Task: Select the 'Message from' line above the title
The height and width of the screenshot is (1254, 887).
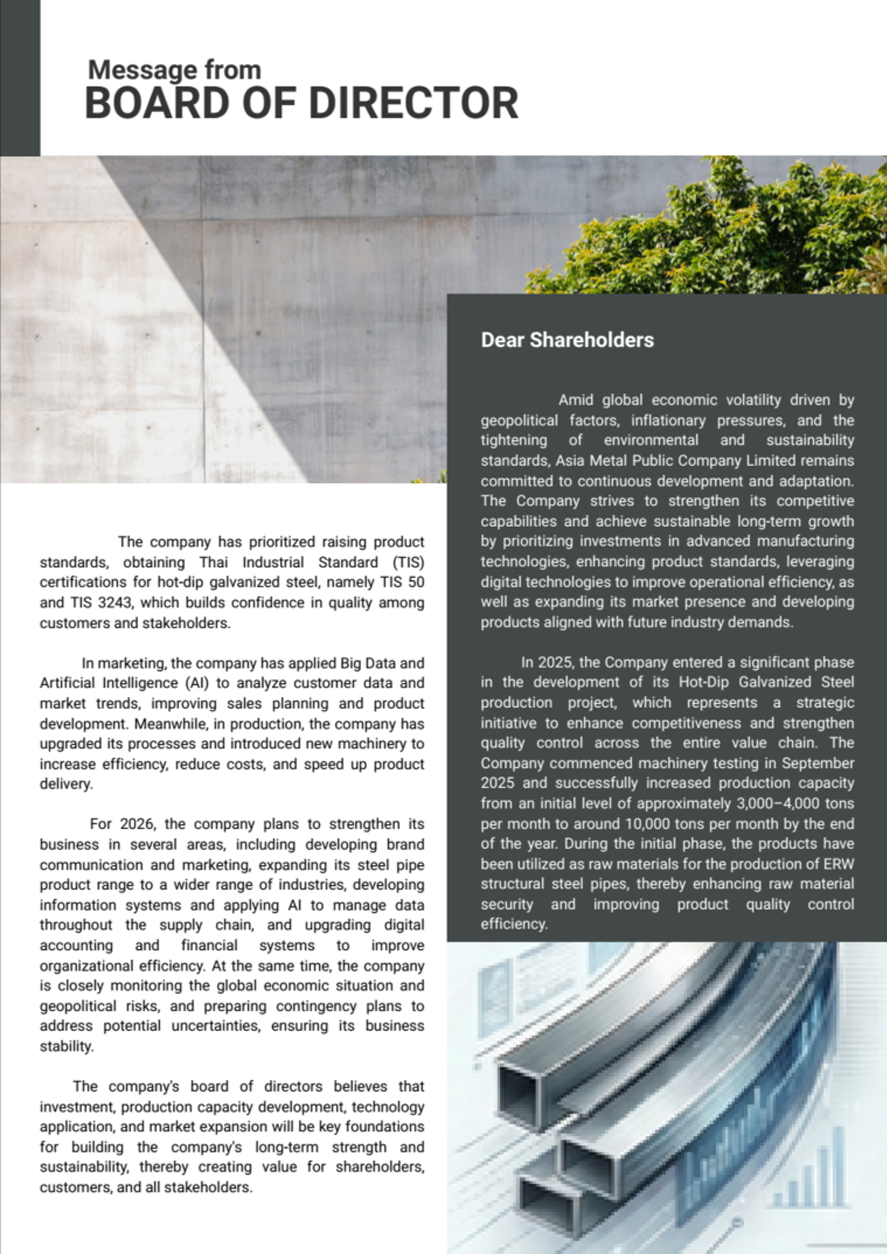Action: pos(174,70)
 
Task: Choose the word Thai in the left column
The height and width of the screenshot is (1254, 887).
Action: pos(213,562)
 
